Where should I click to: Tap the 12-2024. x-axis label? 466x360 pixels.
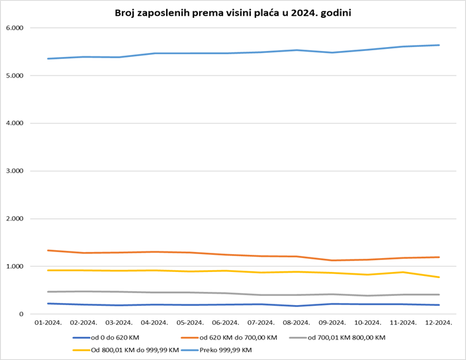coord(439,323)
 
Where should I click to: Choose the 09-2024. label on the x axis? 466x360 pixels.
coord(332,323)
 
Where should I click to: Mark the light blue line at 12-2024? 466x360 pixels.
coord(439,45)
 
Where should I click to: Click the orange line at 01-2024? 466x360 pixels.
coord(47,250)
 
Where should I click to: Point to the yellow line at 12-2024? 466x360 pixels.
coord(439,277)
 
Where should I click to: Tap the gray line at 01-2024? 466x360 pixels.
coord(47,292)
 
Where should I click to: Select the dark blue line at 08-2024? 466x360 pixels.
coord(297,306)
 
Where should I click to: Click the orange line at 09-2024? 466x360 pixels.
coord(332,260)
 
